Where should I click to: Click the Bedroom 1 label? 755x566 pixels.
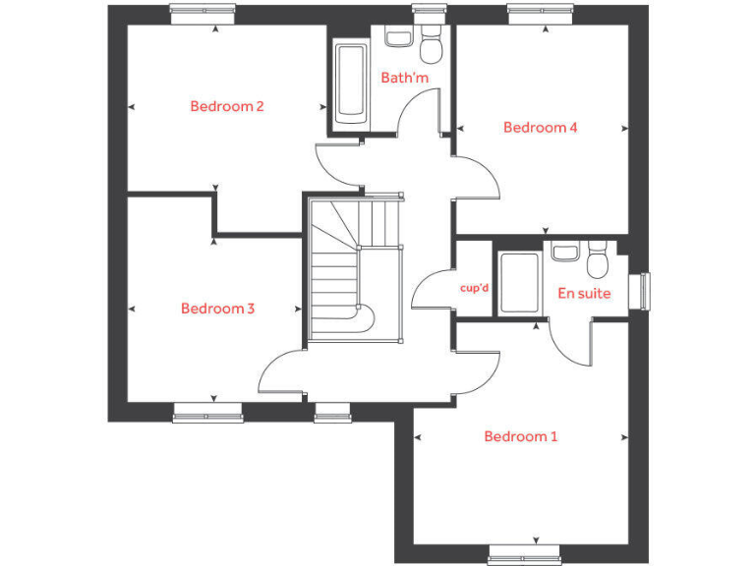click(x=520, y=436)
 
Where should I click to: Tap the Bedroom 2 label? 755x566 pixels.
click(x=227, y=106)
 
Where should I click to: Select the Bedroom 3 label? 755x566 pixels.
click(x=218, y=309)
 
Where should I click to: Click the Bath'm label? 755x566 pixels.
click(x=405, y=77)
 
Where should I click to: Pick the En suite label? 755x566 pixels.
click(x=584, y=293)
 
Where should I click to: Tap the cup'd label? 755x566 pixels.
click(x=475, y=288)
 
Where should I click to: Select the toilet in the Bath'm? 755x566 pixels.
click(x=431, y=46)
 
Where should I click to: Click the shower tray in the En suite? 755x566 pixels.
click(x=519, y=285)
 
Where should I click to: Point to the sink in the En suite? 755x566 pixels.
click(x=564, y=252)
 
